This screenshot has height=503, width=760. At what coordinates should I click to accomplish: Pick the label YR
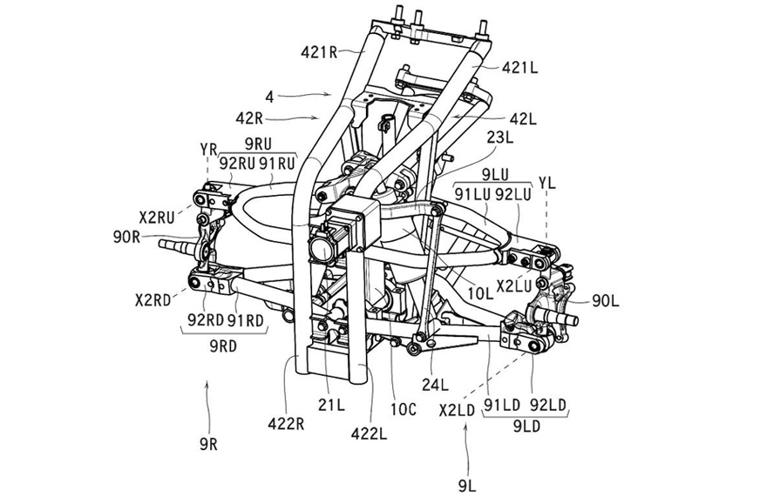pyautogui.click(x=208, y=147)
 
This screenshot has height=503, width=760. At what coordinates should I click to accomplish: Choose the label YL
pyautogui.click(x=546, y=181)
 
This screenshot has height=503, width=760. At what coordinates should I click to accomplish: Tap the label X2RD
pyautogui.click(x=153, y=299)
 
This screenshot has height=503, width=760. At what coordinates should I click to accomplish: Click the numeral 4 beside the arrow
pyautogui.click(x=270, y=98)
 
